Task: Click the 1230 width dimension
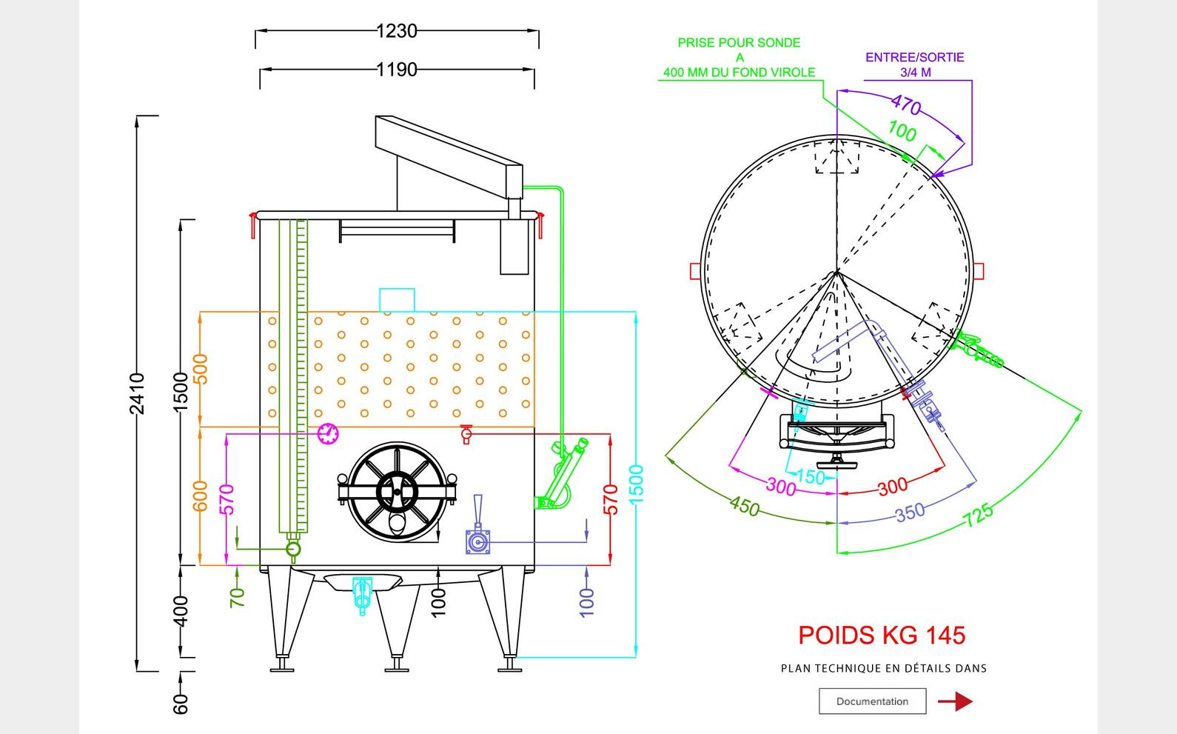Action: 397,31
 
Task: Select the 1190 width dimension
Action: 397,70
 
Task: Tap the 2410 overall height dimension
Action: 138,393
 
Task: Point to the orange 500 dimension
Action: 201,369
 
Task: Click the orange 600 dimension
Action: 201,496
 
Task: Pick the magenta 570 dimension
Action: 228,498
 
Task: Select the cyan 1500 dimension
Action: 637,484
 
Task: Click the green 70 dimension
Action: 238,597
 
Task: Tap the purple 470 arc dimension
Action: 906,105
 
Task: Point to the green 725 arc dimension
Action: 979,514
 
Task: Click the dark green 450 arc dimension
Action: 745,506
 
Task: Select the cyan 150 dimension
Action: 810,477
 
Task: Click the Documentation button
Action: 872,701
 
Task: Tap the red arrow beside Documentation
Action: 956,701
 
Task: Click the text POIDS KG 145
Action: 882,635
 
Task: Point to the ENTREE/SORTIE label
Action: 915,58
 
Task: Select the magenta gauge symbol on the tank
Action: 328,433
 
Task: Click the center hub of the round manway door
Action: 397,490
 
